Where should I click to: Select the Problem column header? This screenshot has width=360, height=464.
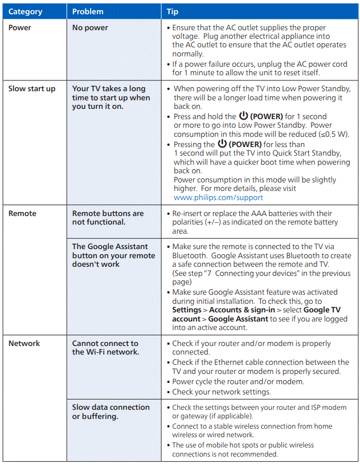point(88,11)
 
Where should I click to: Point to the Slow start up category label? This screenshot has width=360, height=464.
point(31,88)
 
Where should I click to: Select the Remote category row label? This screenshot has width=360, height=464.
point(22,213)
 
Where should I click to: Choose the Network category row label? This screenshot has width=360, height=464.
point(24,343)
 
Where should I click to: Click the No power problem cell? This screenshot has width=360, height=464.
point(89,27)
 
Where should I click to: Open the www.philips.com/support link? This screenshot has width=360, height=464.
point(218,197)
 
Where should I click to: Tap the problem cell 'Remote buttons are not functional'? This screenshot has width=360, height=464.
point(108,217)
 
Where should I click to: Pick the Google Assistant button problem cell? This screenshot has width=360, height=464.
point(113,255)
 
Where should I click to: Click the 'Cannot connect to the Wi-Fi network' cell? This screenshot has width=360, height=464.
point(105,347)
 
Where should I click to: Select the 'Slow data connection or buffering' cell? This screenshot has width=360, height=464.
point(111,412)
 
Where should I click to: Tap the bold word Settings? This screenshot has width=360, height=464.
point(187,310)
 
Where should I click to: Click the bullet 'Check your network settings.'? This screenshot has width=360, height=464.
point(222,392)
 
